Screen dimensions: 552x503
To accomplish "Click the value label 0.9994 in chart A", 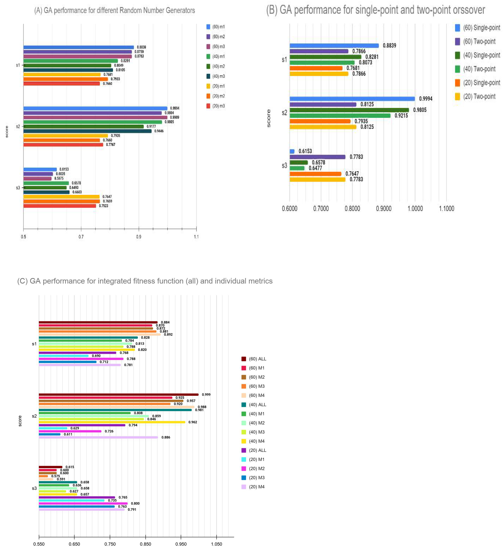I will click(x=175, y=108).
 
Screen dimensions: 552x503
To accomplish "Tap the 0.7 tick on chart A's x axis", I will click(x=81, y=237).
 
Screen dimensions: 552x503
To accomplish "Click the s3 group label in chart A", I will click(x=18, y=188).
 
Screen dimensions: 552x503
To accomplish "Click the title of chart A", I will click(x=114, y=10).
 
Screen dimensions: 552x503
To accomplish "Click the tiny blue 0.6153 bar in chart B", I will click(x=292, y=151).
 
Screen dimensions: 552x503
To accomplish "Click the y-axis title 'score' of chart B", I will click(x=269, y=118).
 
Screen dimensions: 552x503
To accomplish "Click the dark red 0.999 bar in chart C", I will click(x=118, y=395).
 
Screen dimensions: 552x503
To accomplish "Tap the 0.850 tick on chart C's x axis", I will click(x=145, y=544).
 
